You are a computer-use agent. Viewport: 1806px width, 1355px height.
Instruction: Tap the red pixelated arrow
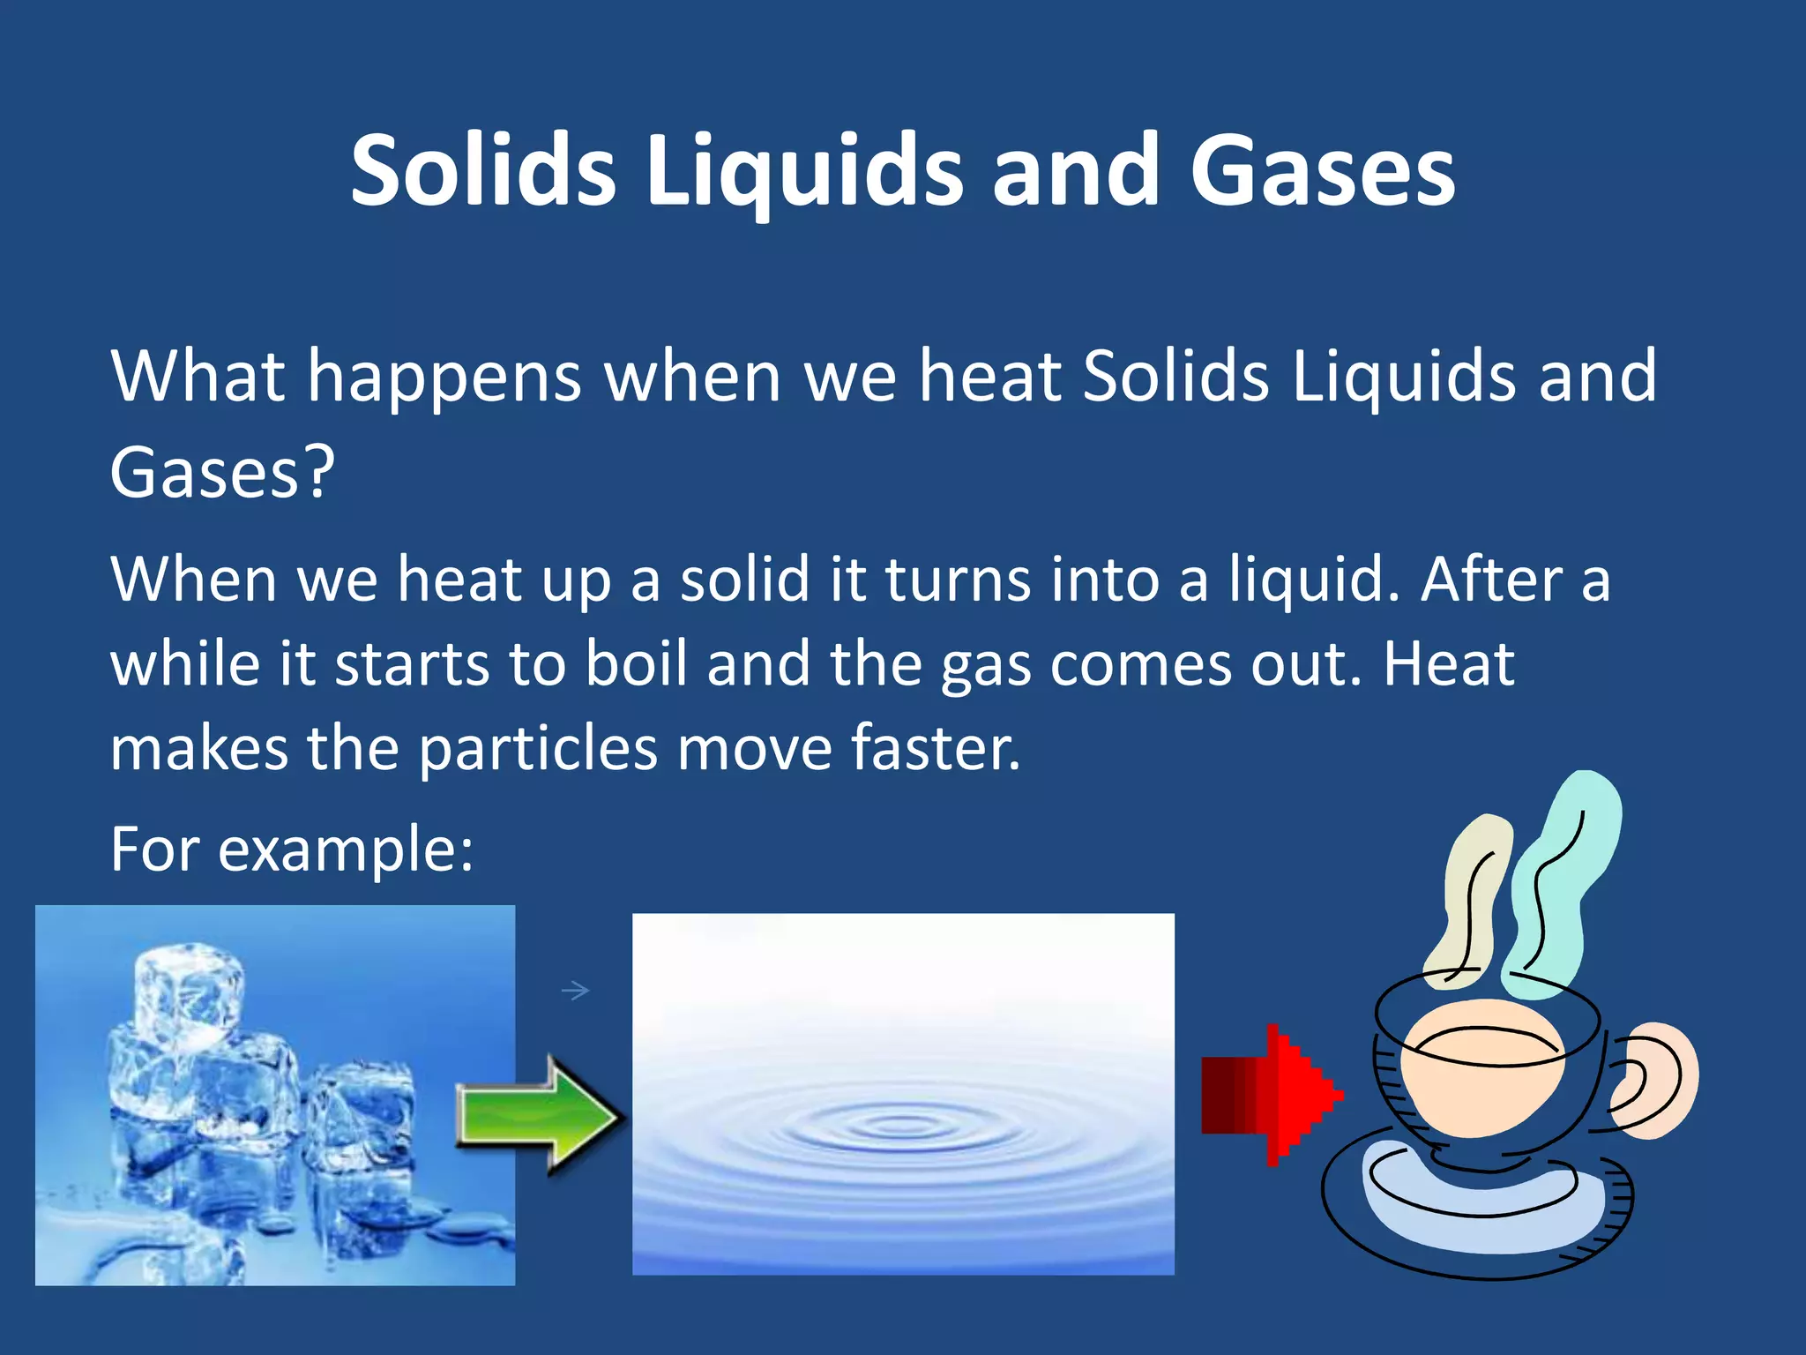click(1270, 1095)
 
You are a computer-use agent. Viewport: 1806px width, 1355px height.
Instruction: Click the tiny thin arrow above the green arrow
click(575, 991)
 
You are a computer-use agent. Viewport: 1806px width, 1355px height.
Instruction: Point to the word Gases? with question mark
click(222, 472)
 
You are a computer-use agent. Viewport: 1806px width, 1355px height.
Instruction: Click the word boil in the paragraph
click(636, 663)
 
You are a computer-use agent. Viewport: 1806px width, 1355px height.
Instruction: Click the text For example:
click(292, 849)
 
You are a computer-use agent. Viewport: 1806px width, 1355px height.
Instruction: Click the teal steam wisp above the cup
click(1565, 882)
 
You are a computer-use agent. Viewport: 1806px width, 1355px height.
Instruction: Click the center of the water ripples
click(899, 1125)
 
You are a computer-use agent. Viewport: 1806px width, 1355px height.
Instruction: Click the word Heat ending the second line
click(1448, 663)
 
